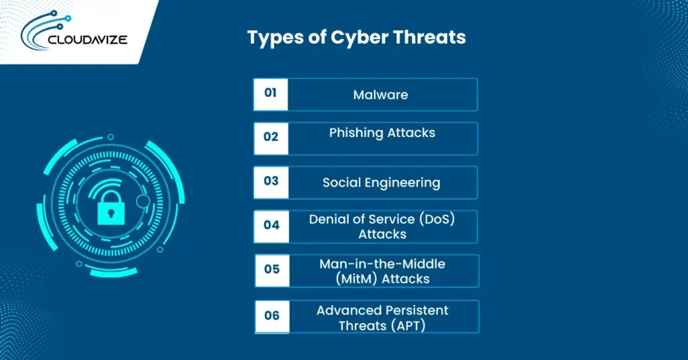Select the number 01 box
271,94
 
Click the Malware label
380,95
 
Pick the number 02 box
271,137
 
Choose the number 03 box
271,182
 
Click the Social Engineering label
381,182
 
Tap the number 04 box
271,226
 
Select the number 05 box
271,269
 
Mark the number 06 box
271,316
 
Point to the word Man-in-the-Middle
382,264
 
